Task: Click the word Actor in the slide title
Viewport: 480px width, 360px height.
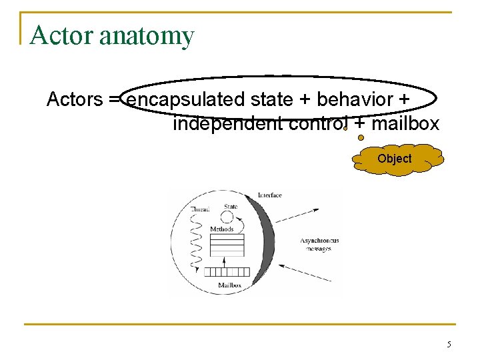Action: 61,35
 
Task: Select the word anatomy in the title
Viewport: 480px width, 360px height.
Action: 146,36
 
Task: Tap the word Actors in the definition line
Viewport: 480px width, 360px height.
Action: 73,100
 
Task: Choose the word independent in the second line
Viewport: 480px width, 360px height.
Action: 227,124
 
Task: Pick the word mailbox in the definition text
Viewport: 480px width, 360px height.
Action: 405,124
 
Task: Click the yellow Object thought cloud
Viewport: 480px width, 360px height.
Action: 395,159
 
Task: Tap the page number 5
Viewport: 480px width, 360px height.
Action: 449,345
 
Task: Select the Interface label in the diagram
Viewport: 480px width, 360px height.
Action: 269,195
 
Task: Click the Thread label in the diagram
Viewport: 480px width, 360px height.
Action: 200,209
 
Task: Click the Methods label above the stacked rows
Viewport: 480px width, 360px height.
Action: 221,229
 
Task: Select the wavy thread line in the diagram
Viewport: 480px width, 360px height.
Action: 195,240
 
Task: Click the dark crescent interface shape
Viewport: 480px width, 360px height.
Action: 267,240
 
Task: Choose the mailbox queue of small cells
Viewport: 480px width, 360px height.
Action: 226,271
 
